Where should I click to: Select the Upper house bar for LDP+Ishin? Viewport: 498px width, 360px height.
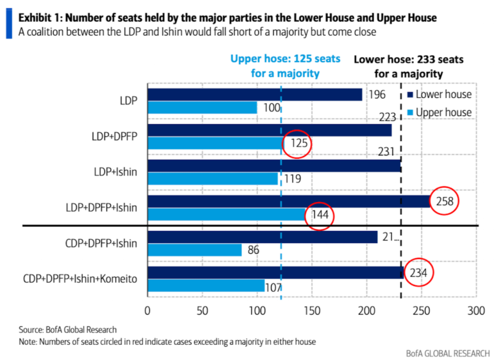click(213, 178)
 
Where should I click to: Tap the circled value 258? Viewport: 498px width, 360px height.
click(445, 201)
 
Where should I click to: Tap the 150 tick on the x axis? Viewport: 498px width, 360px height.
click(312, 310)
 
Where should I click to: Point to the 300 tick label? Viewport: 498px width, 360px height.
click(476, 310)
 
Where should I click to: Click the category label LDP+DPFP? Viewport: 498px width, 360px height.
click(114, 136)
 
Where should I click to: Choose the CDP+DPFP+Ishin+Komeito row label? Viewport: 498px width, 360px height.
click(80, 279)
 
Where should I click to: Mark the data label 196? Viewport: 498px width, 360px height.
click(377, 95)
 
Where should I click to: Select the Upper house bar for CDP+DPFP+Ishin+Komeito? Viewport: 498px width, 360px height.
click(206, 285)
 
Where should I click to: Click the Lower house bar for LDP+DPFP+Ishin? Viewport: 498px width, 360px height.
click(289, 201)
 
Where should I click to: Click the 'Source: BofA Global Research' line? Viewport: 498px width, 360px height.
click(68, 330)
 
